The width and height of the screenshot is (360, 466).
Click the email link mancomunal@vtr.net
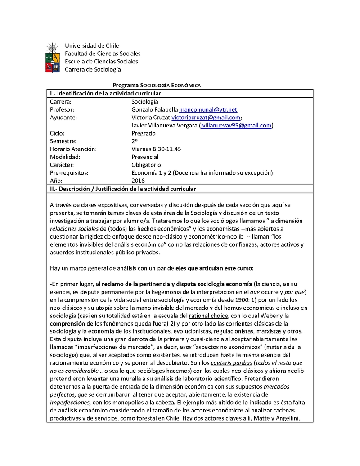click(x=208, y=109)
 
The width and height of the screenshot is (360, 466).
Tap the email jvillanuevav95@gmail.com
click(x=236, y=126)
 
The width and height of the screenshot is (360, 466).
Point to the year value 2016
click(x=139, y=181)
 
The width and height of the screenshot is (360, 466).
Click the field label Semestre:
click(x=64, y=141)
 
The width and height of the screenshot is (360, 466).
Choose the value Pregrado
click(x=144, y=133)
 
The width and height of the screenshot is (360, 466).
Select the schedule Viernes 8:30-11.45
click(x=156, y=149)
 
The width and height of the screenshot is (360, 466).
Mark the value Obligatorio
click(x=146, y=165)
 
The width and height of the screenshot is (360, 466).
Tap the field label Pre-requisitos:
click(x=69, y=173)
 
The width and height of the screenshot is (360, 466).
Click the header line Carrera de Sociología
click(x=93, y=69)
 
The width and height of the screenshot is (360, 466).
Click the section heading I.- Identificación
click(x=105, y=93)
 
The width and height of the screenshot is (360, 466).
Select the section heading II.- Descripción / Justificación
click(x=122, y=188)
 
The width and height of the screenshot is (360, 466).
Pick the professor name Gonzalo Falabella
click(x=154, y=109)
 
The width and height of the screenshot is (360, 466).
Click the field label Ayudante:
click(x=63, y=118)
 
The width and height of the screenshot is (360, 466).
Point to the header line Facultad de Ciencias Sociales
click(x=103, y=54)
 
